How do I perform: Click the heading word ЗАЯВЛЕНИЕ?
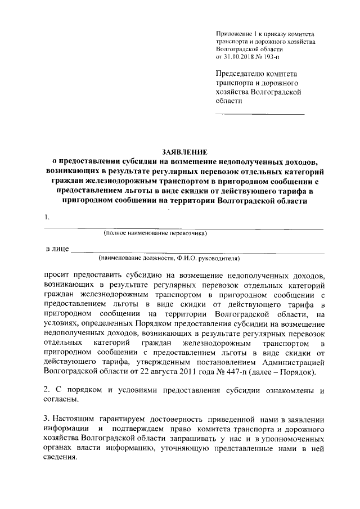coord(184,152)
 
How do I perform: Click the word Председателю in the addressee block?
coord(242,74)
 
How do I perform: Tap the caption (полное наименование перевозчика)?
coord(155,233)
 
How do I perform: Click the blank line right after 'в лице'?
coord(197,250)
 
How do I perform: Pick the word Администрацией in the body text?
coord(295,362)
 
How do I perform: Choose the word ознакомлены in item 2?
coord(277,390)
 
